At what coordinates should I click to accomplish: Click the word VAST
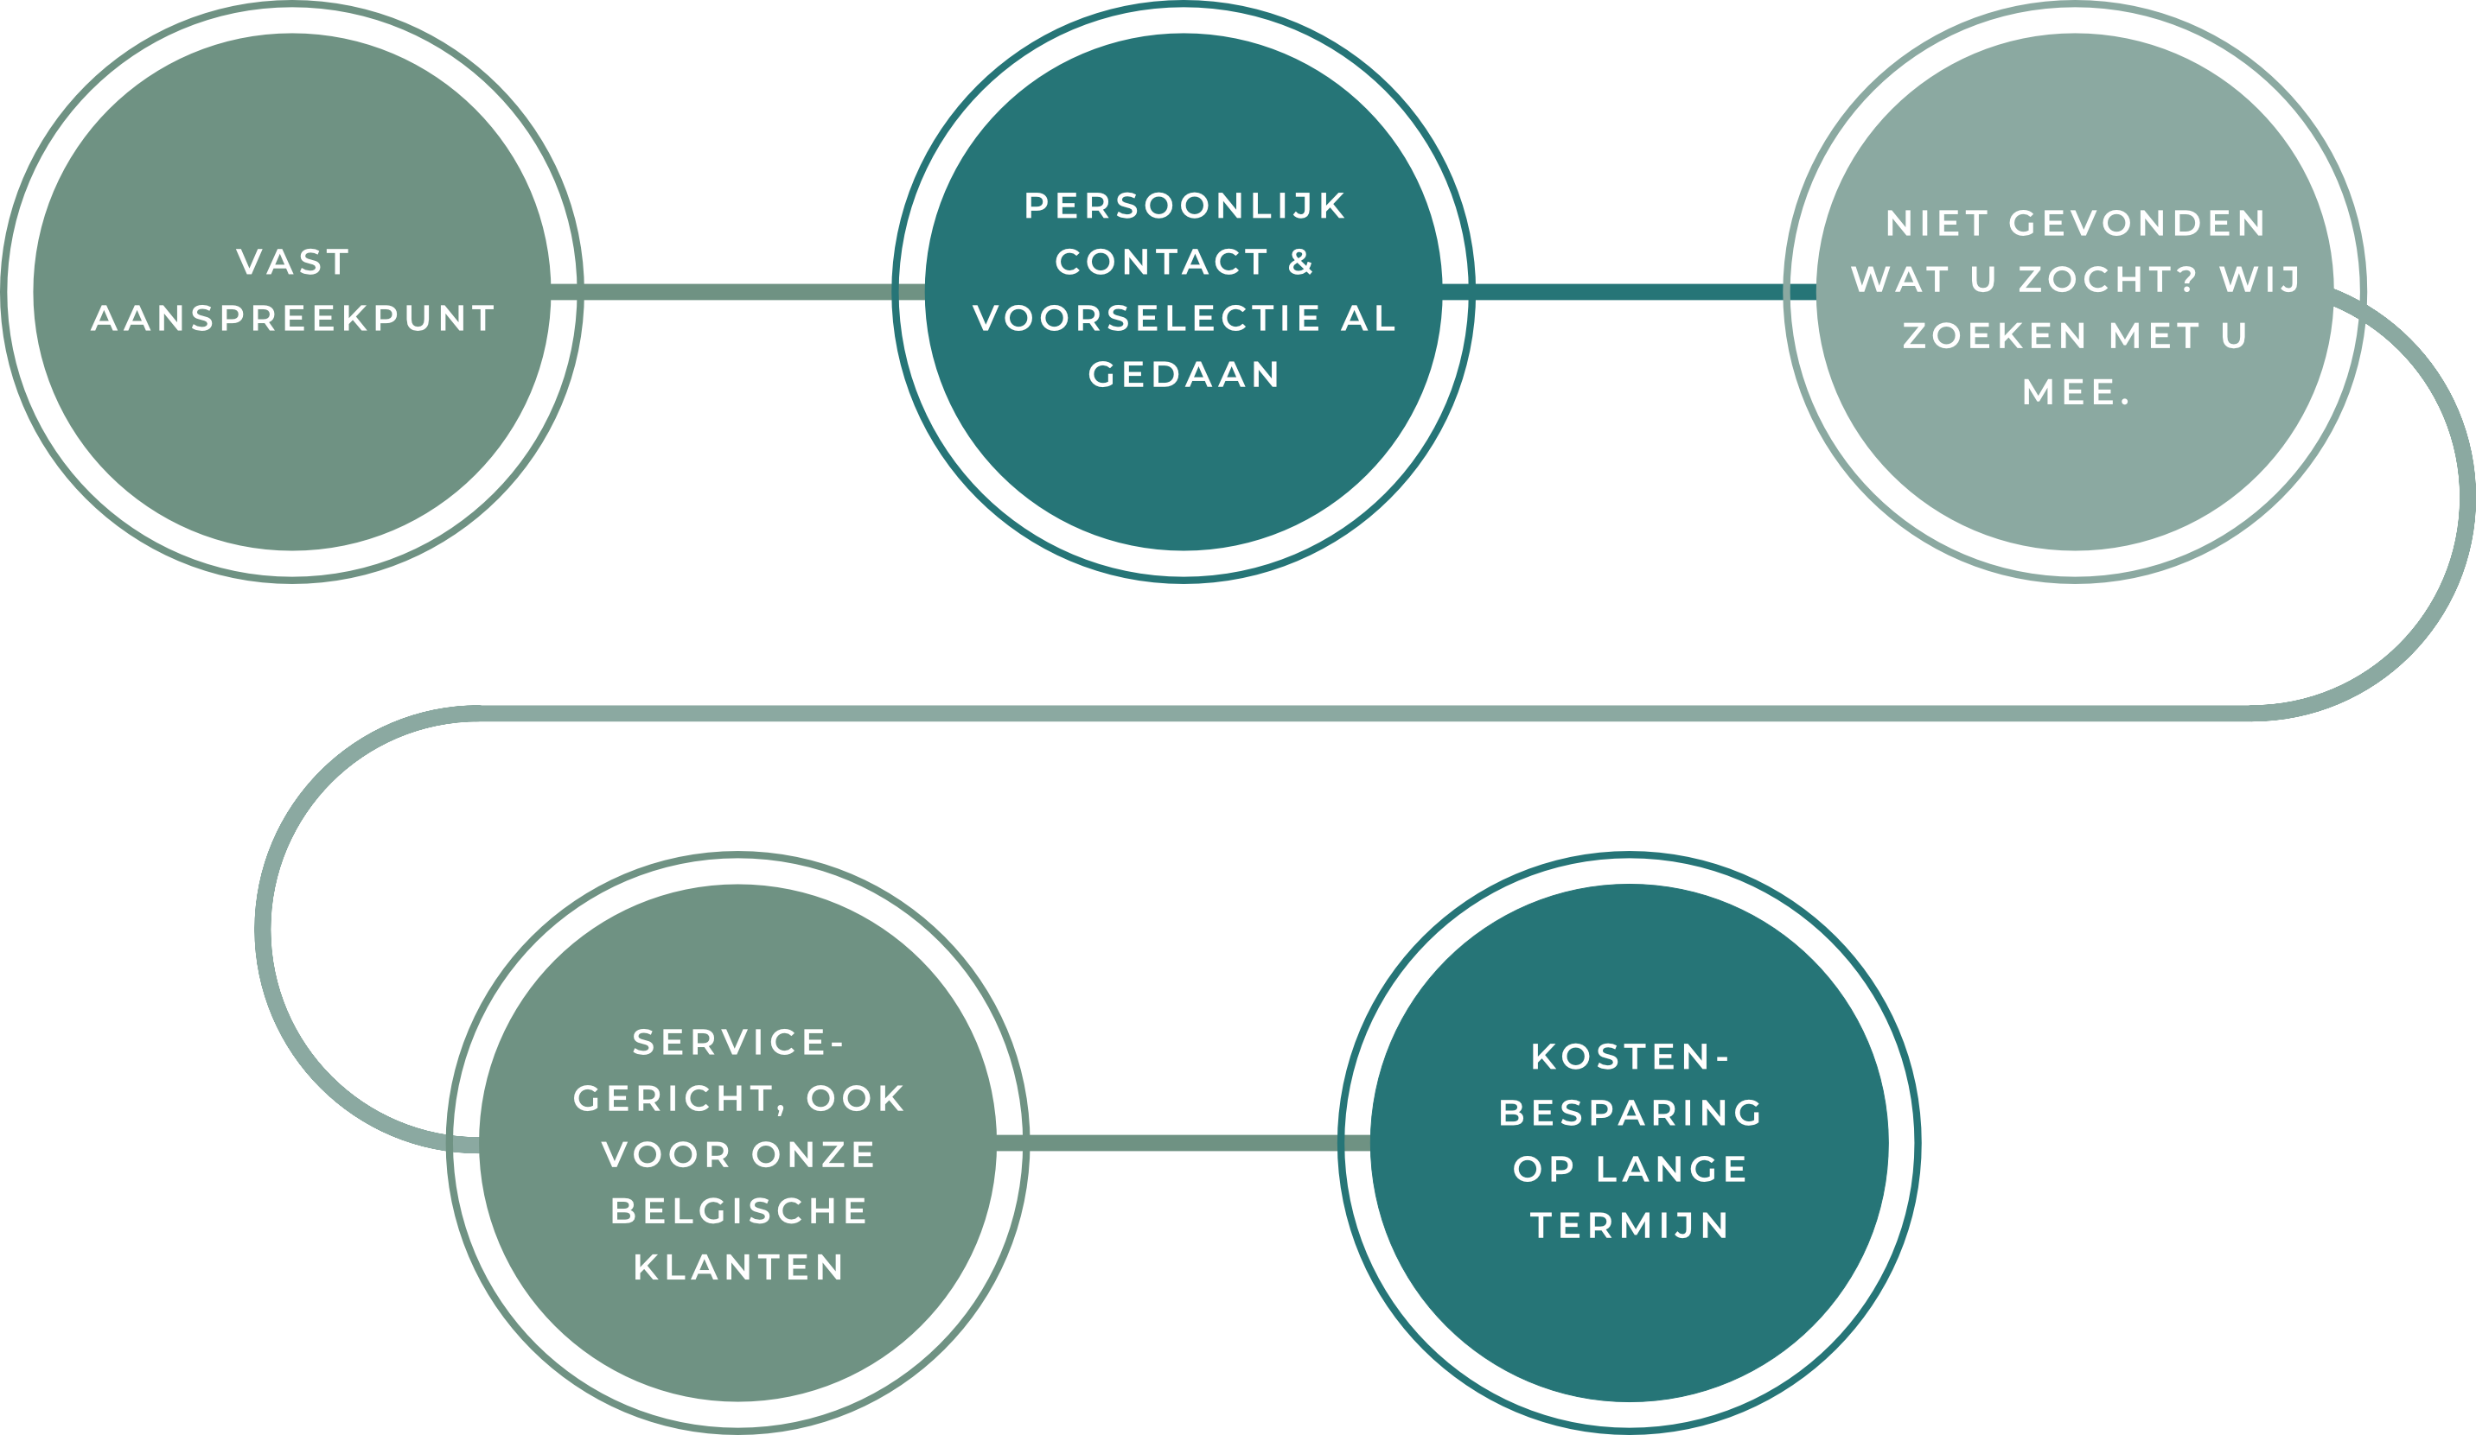(x=293, y=263)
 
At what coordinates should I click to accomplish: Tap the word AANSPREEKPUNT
(x=293, y=318)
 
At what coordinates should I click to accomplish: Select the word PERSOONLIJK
(x=1185, y=206)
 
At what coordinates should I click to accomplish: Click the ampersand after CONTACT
(x=1301, y=263)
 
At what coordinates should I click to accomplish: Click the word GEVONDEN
(x=2137, y=224)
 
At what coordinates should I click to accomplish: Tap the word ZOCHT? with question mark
(x=2108, y=280)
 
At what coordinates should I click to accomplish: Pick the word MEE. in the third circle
(x=2076, y=393)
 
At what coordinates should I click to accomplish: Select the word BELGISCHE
(x=739, y=1211)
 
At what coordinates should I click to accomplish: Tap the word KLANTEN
(x=739, y=1267)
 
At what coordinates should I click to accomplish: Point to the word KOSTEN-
(x=1630, y=1057)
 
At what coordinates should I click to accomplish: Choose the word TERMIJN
(x=1630, y=1226)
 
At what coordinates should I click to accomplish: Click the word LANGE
(x=1672, y=1169)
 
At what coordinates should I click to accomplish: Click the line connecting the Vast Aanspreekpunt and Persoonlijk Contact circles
(x=737, y=292)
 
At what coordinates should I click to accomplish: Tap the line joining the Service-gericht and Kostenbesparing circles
(x=1184, y=1142)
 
